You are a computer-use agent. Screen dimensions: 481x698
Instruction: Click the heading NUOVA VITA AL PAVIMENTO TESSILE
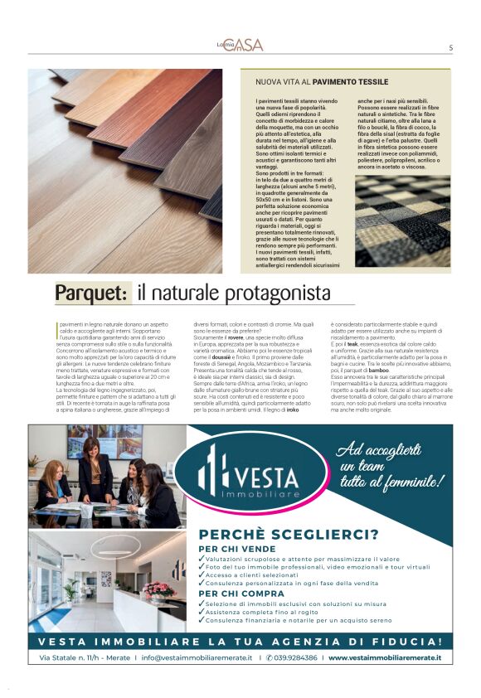pyautogui.click(x=322, y=82)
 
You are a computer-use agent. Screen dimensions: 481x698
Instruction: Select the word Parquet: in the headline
pyautogui.click(x=93, y=293)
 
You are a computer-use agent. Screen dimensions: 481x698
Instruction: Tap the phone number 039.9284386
pyautogui.click(x=294, y=657)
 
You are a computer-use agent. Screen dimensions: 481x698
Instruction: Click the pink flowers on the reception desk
pyautogui.click(x=158, y=590)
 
